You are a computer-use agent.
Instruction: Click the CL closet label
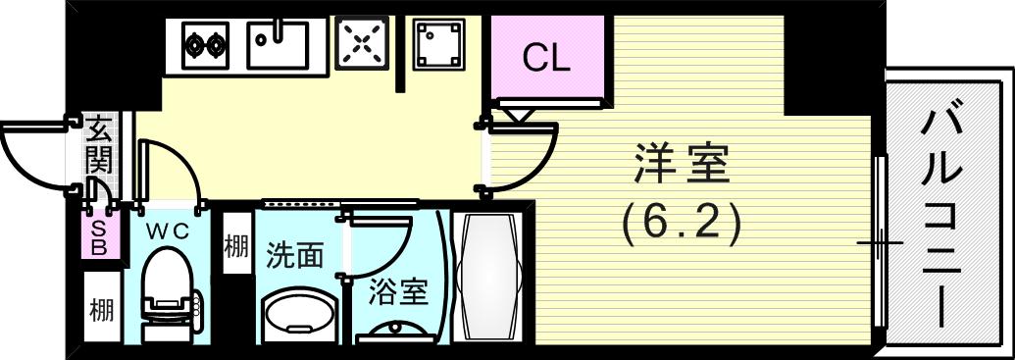[545, 59]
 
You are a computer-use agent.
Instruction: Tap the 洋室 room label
[683, 164]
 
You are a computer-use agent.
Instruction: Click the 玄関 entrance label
[100, 144]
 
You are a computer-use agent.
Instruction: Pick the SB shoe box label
[99, 238]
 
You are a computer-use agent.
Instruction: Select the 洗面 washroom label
[294, 256]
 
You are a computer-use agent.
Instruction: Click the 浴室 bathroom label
[400, 292]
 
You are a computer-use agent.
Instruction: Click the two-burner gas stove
[207, 44]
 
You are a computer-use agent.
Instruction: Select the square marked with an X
[363, 44]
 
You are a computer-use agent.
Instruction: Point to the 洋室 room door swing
[525, 157]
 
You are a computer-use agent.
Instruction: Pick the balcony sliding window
[879, 241]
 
